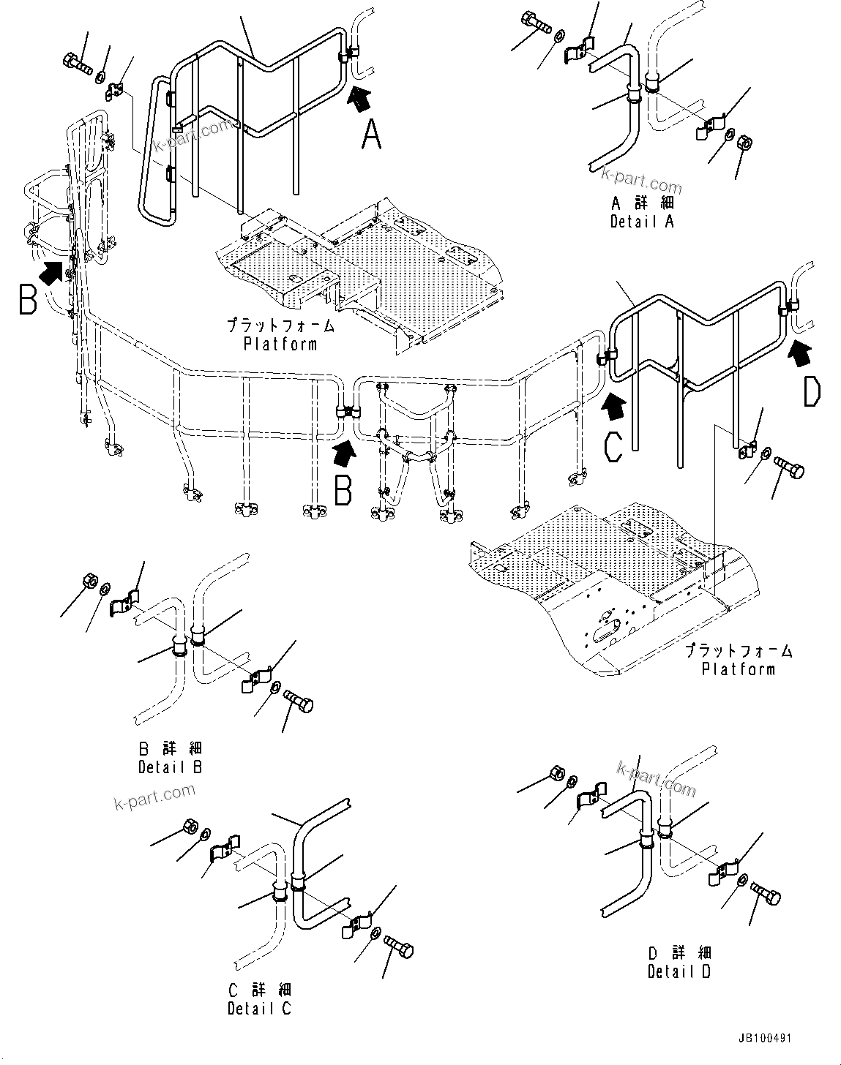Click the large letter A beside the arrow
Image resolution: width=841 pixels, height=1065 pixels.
point(372,135)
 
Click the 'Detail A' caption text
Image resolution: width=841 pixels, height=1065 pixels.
point(642,221)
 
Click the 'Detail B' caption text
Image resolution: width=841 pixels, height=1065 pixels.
point(170,767)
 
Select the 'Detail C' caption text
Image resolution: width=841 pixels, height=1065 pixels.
point(258,1008)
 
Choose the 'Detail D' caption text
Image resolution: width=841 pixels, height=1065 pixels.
point(679,971)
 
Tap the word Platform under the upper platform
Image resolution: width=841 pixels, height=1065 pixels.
point(280,344)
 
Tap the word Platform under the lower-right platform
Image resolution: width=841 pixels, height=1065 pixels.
point(738,669)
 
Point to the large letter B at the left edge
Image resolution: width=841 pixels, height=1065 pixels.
point(27,300)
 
